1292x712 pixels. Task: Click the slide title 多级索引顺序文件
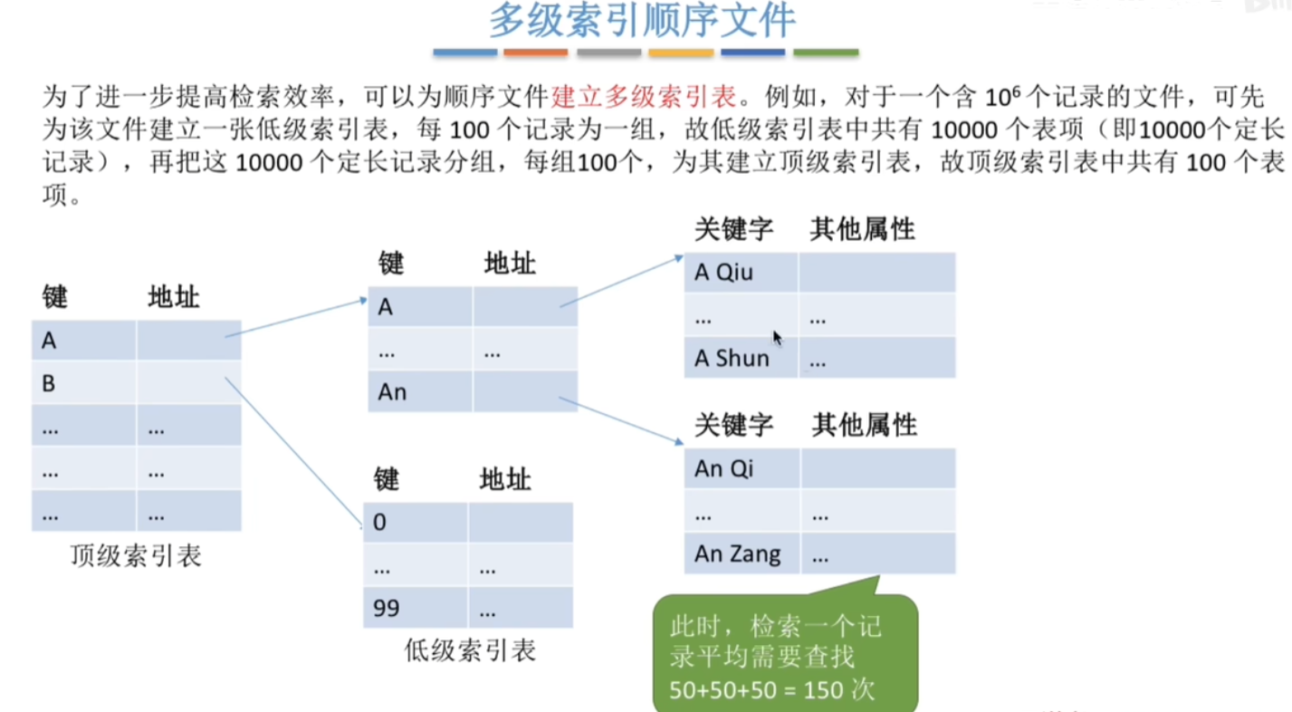tap(643, 21)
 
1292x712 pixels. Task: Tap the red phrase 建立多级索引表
tap(645, 97)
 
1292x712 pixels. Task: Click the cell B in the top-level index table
tap(84, 383)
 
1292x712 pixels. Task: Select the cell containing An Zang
tap(742, 553)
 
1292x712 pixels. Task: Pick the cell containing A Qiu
tap(742, 273)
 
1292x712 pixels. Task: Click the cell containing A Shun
tap(742, 358)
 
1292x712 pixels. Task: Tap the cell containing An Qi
tap(742, 468)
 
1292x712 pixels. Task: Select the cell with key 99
tap(416, 608)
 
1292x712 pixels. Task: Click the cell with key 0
tap(416, 522)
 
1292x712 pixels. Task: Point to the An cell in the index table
tap(420, 391)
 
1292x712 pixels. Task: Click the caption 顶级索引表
tap(136, 556)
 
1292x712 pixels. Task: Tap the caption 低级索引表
tap(470, 650)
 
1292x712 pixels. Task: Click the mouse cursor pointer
tap(777, 338)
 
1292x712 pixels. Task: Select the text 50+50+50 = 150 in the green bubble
tap(757, 690)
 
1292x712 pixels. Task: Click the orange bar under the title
tap(535, 53)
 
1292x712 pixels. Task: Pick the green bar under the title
tap(826, 53)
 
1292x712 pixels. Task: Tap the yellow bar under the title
tap(681, 53)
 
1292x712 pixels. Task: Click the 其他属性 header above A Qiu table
tap(862, 229)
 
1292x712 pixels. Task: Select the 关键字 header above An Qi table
tap(733, 425)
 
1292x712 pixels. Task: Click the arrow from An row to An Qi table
tap(621, 420)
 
